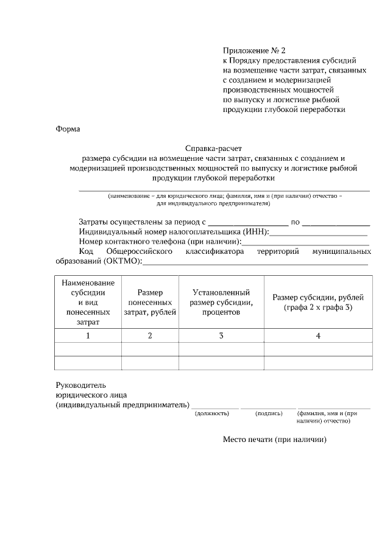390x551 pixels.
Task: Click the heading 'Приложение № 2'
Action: point(255,51)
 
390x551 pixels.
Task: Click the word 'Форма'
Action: point(68,129)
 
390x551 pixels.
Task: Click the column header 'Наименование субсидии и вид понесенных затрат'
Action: point(88,303)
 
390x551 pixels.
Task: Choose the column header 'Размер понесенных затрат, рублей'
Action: point(150,303)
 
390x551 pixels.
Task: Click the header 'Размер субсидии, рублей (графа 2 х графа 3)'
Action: point(318,303)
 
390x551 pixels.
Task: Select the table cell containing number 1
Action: point(88,335)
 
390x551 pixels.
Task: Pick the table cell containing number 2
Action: point(150,335)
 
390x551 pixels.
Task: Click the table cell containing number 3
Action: point(221,335)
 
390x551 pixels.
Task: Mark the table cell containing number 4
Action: point(318,335)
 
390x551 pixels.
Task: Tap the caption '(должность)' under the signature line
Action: point(211,413)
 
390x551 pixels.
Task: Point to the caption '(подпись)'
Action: point(269,413)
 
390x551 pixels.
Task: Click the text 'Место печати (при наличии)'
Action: point(275,440)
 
